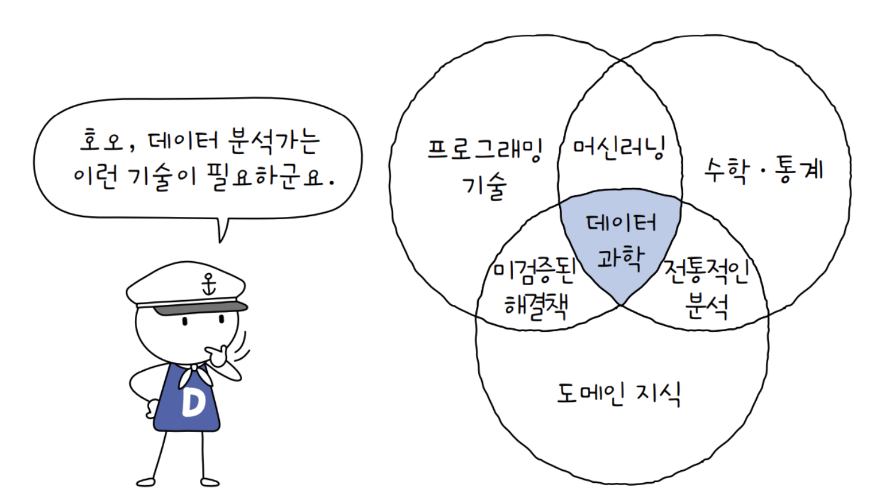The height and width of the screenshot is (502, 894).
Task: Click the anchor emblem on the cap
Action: pyautogui.click(x=209, y=284)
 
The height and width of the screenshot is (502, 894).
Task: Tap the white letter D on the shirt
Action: pyautogui.click(x=193, y=402)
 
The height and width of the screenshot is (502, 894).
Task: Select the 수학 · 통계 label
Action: pyautogui.click(x=763, y=170)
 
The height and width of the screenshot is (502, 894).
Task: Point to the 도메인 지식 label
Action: pyautogui.click(x=618, y=394)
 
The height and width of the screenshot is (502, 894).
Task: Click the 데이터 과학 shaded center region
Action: pyautogui.click(x=621, y=243)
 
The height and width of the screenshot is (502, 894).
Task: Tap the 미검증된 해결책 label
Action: pyautogui.click(x=535, y=289)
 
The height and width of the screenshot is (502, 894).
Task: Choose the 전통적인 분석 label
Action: pyautogui.click(x=706, y=289)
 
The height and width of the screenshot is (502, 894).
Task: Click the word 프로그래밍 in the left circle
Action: pyautogui.click(x=485, y=150)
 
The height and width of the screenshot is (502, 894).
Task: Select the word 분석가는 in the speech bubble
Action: pyautogui.click(x=274, y=141)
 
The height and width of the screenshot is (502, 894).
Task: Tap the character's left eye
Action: pyautogui.click(x=185, y=321)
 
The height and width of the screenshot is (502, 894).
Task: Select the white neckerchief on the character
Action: pyautogui.click(x=195, y=375)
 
